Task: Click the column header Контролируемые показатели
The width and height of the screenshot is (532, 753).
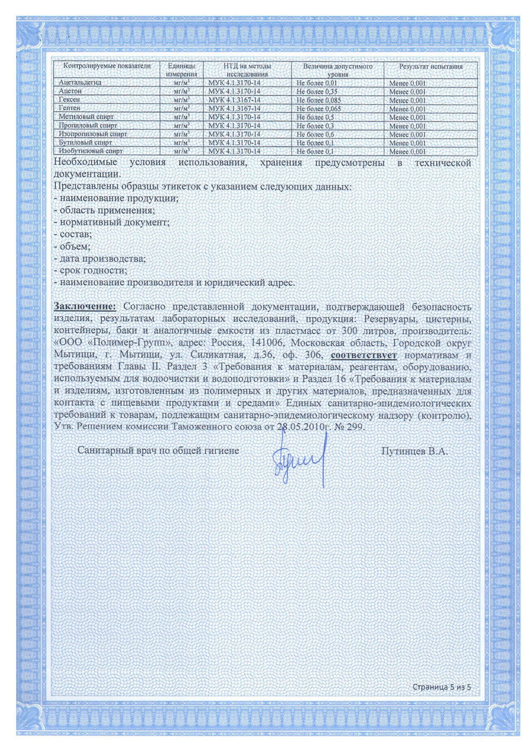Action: click(107, 66)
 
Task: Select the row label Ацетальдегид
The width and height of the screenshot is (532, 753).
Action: click(80, 83)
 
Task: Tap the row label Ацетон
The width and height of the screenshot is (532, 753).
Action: click(70, 91)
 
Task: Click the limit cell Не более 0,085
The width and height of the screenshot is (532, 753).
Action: click(318, 100)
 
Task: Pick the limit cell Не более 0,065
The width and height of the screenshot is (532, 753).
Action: click(318, 109)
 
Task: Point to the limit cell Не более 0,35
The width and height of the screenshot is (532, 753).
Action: click(317, 91)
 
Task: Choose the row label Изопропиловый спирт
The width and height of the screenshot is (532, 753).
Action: click(93, 134)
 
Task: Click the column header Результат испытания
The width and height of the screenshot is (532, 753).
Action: click(430, 67)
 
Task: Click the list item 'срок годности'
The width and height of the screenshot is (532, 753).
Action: click(90, 271)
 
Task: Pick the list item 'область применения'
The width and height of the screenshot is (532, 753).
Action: click(104, 210)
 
